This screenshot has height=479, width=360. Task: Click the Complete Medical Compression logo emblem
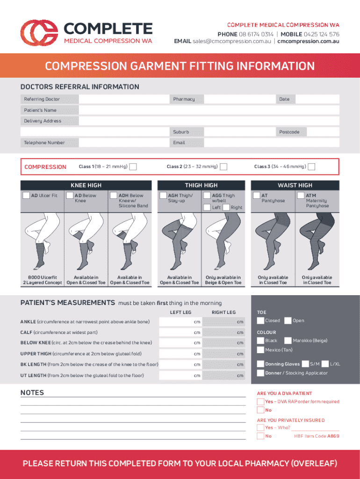[39, 33]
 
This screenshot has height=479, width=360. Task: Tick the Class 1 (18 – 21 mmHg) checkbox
[133, 167]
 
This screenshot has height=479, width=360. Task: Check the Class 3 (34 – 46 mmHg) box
[311, 167]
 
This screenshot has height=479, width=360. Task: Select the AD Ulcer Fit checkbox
[26, 195]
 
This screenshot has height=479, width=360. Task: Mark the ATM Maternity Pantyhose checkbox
[301, 195]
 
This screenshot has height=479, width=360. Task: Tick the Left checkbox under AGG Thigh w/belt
[207, 207]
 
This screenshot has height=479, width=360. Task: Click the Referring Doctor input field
[124, 99]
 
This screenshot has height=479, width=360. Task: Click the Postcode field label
[289, 132]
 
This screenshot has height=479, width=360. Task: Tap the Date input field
[317, 99]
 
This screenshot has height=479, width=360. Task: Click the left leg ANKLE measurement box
[180, 322]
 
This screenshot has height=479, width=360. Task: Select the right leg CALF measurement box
[223, 333]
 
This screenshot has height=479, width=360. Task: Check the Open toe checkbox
[288, 320]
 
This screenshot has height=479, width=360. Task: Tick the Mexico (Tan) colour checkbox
[260, 350]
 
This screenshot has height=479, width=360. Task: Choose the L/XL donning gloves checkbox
[325, 364]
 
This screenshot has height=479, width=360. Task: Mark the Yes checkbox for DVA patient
[260, 401]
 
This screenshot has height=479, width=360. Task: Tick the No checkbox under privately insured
[260, 436]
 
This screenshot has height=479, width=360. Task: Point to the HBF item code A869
[317, 436]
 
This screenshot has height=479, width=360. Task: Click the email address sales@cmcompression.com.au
[232, 41]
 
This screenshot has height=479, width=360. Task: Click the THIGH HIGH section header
[201, 185]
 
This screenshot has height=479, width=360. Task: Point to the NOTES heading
[32, 392]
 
